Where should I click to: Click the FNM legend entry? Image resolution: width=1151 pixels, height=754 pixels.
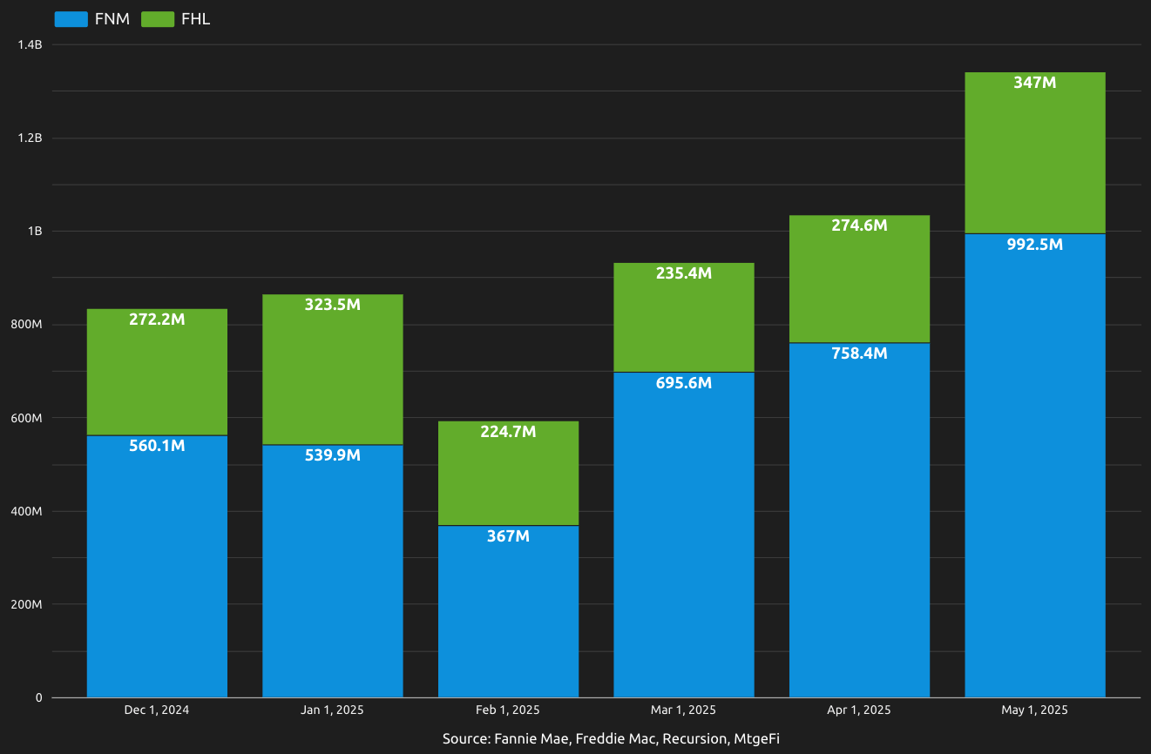(x=91, y=19)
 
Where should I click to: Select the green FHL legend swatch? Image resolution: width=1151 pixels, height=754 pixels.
(x=158, y=19)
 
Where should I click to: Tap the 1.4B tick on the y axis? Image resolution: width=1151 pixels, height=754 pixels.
(x=30, y=44)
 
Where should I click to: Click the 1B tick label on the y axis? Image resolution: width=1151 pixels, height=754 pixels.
(x=35, y=232)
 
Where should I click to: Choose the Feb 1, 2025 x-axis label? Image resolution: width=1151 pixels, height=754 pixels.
(x=508, y=710)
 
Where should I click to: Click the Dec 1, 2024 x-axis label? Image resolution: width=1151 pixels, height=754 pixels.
(x=157, y=710)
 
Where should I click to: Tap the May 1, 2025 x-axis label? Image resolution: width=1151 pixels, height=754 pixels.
(x=1034, y=710)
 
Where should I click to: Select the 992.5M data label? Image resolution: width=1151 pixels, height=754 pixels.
(x=1034, y=245)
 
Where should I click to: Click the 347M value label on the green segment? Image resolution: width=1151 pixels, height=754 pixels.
(x=1034, y=83)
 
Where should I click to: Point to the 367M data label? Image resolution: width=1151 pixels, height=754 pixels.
(x=508, y=536)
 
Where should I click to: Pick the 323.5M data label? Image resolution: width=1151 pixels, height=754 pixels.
(x=332, y=305)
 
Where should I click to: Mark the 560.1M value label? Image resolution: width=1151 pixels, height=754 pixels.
(x=157, y=446)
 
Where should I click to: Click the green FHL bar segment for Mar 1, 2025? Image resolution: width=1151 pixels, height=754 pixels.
(x=684, y=322)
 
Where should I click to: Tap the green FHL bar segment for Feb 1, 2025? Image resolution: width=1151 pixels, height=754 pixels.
(x=508, y=479)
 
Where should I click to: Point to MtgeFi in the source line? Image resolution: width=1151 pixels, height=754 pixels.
(x=756, y=738)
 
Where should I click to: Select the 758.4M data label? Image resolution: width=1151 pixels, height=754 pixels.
(x=859, y=353)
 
